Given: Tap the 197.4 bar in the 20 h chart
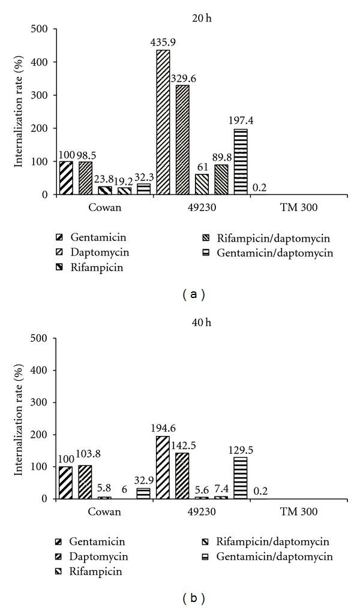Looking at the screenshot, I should point(239,162).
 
